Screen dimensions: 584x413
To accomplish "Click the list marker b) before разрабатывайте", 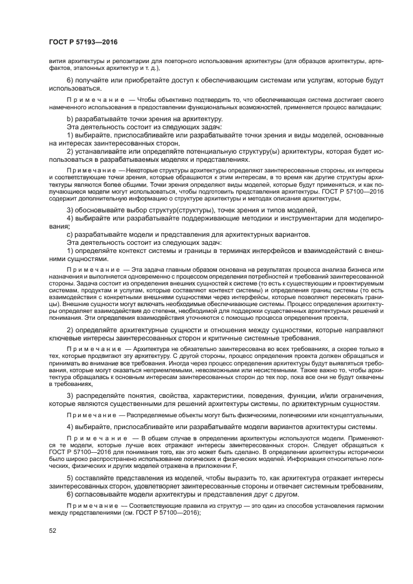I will pos(69,119).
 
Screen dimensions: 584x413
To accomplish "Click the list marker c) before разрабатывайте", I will pos(69,234).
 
